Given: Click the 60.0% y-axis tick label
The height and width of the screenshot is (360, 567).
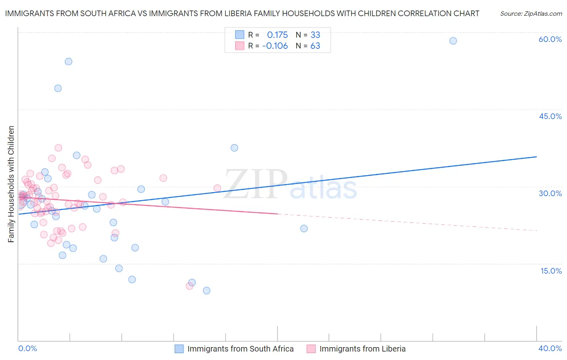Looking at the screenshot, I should (x=550, y=39).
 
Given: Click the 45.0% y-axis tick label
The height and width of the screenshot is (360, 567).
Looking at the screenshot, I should (x=550, y=116).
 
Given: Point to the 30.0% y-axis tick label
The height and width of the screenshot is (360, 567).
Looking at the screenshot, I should (x=550, y=193).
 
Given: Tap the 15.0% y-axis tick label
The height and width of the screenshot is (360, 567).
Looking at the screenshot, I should (x=551, y=271).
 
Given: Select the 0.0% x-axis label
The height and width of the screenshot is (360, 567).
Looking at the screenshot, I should (x=27, y=348).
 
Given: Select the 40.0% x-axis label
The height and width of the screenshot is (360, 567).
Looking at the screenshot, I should (x=550, y=348).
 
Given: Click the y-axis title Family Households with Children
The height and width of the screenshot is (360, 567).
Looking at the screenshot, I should (x=11, y=184).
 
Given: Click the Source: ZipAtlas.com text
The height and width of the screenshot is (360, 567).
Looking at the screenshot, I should (x=531, y=14).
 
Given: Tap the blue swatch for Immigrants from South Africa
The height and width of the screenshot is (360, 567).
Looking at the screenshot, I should (x=179, y=349).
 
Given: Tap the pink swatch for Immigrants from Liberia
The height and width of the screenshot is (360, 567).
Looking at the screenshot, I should (x=311, y=349).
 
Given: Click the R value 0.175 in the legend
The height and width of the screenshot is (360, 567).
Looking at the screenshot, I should (x=277, y=35).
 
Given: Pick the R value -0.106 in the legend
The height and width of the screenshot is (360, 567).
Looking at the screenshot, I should (x=275, y=46).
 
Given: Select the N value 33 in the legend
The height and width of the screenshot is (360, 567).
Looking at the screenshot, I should (x=315, y=35).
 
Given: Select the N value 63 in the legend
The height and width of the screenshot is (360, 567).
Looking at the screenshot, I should (x=315, y=46).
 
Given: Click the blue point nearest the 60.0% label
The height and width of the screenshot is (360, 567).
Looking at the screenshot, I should (x=453, y=41).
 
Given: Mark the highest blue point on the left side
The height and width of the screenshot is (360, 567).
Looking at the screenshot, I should (x=69, y=61).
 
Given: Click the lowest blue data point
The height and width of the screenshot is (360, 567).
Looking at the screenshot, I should (x=206, y=291).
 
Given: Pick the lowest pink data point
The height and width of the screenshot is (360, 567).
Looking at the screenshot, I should (x=189, y=286).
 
